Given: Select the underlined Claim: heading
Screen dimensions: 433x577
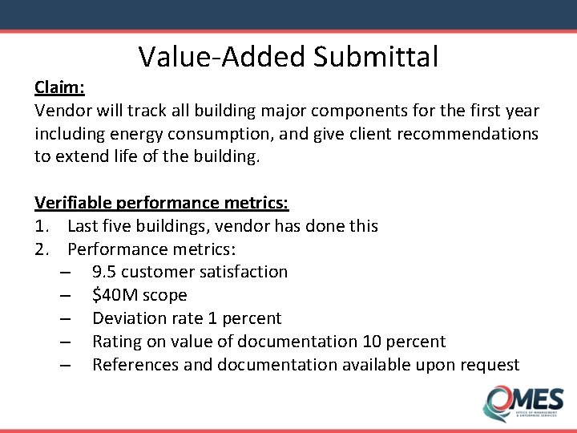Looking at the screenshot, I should (x=60, y=87).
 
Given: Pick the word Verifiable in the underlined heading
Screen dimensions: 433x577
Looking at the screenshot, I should (x=73, y=202).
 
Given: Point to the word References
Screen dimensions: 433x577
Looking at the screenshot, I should (x=135, y=365).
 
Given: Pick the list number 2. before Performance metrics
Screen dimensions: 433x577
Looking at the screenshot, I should (x=42, y=249).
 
